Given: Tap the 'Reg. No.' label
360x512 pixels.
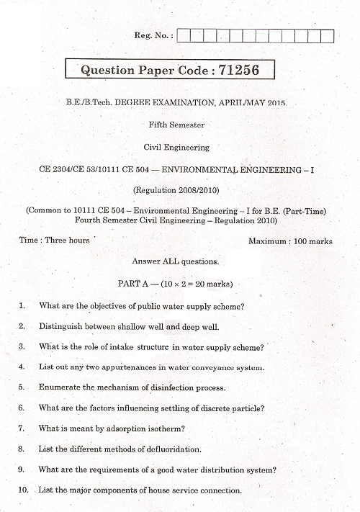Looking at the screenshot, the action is [x=153, y=35].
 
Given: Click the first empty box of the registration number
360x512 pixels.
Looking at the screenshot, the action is [x=181, y=35].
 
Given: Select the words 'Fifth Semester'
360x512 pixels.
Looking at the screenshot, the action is [x=176, y=125].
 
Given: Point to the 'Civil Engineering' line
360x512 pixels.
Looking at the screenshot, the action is [x=177, y=147].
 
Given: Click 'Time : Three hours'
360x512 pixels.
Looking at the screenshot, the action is [x=54, y=240].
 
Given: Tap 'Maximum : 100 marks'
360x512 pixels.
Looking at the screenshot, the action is [x=290, y=241].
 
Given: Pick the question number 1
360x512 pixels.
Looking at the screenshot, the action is [x=22, y=305].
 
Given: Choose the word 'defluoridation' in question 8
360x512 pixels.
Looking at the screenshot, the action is [x=171, y=449].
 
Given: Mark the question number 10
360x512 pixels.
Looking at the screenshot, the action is [x=24, y=490].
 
